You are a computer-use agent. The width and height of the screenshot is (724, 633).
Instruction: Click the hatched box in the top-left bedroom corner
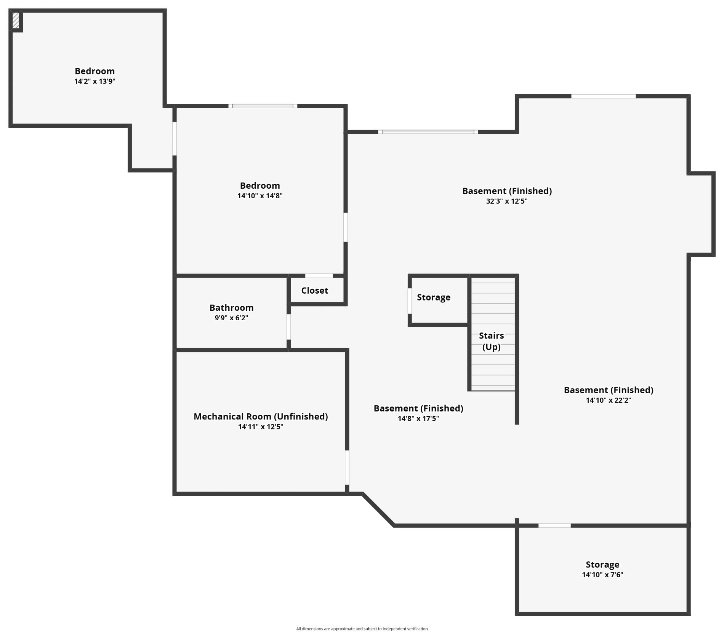(16, 21)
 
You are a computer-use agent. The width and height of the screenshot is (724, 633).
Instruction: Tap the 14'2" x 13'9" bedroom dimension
(95, 81)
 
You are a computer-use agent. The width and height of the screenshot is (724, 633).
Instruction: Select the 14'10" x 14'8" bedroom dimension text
(260, 196)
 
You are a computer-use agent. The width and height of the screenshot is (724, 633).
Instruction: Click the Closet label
(315, 291)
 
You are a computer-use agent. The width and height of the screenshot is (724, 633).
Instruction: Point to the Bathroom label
(231, 308)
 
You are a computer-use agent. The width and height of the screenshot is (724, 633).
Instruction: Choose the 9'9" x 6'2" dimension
(231, 318)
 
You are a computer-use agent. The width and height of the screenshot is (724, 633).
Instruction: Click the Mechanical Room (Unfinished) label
(261, 416)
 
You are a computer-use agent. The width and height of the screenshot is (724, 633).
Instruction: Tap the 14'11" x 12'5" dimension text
(261, 427)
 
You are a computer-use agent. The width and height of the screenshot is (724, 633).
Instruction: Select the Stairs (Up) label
(492, 341)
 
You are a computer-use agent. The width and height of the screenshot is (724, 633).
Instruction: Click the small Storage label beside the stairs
(434, 297)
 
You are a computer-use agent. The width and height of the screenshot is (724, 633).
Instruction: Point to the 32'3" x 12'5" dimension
(507, 201)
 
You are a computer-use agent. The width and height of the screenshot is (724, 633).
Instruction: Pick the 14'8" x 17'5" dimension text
(418, 419)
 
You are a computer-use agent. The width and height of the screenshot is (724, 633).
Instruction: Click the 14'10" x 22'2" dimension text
(609, 400)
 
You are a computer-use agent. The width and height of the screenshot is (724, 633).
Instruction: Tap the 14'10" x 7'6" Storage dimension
(602, 575)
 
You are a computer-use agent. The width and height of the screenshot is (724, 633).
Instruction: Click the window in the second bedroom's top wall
(263, 106)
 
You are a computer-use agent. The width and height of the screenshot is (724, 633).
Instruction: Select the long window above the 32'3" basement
(428, 132)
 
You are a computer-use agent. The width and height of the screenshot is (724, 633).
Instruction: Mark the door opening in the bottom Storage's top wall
(555, 525)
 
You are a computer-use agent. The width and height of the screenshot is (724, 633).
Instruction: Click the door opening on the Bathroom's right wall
(288, 327)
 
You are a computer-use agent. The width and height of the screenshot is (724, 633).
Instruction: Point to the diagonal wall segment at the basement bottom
(378, 509)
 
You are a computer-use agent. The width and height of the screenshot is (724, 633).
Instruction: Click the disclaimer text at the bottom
(362, 629)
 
